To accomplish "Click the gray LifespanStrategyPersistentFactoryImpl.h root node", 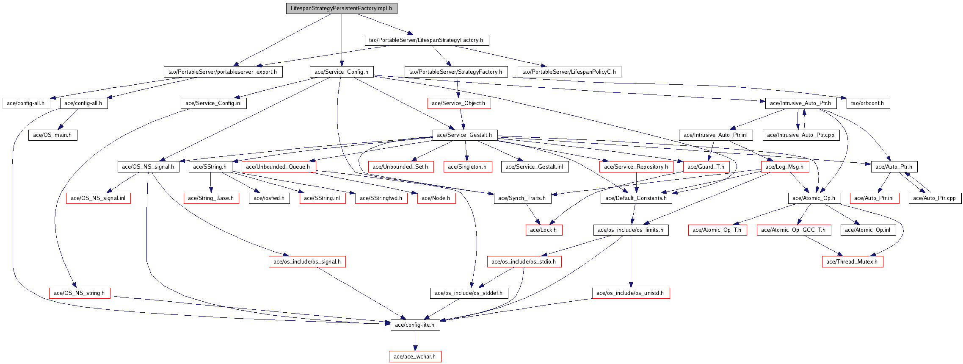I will (x=341, y=8).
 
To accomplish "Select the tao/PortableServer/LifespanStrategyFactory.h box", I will (x=426, y=40).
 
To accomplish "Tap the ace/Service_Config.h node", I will (x=341, y=72).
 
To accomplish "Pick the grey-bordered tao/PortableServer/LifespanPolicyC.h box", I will (x=569, y=72).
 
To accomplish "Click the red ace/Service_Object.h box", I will (x=458, y=103).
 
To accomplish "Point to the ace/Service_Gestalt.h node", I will (x=464, y=135).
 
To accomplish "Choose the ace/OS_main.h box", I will (x=52, y=135).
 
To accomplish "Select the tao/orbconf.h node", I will (x=867, y=103).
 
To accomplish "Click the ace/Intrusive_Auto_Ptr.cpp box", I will (x=800, y=135).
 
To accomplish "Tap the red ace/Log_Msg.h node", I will (x=784, y=167).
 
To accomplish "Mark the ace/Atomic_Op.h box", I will (x=814, y=198).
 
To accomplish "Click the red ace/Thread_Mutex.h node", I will (x=852, y=262).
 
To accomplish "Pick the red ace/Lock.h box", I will (x=544, y=230).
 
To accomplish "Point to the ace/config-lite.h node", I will (x=415, y=325).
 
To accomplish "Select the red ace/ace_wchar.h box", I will (x=415, y=357).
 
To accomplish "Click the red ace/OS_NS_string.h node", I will (x=79, y=293).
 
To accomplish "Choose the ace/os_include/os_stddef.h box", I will (x=469, y=293).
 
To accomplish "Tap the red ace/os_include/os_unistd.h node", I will (x=630, y=293).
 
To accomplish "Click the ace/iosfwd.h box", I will (x=269, y=198).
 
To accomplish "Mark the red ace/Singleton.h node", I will (x=467, y=167).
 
